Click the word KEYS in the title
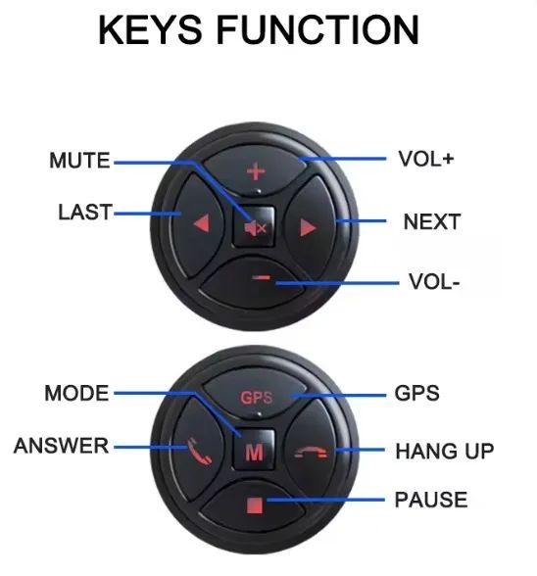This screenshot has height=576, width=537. click(x=150, y=29)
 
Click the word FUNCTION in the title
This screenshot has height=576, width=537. click(x=318, y=29)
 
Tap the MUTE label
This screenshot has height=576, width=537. click(x=79, y=161)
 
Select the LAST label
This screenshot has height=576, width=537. click(x=85, y=213)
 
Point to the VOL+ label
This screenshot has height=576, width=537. click(x=426, y=159)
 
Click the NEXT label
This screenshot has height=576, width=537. click(x=432, y=221)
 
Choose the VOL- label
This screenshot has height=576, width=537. click(x=434, y=282)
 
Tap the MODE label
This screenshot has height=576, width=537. click(x=76, y=393)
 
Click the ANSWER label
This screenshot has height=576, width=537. click(x=61, y=446)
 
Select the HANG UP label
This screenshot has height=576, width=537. click(x=444, y=451)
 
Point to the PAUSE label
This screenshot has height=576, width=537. click(x=431, y=500)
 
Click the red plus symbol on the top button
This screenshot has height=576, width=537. click(x=256, y=171)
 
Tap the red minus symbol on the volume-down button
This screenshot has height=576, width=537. click(x=262, y=278)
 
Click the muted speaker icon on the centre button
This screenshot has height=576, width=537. click(x=255, y=228)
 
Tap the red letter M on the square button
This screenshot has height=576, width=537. click(x=254, y=453)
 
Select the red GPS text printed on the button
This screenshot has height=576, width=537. click(x=257, y=398)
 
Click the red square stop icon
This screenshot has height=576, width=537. click(x=255, y=505)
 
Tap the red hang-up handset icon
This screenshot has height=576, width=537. click(x=311, y=452)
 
